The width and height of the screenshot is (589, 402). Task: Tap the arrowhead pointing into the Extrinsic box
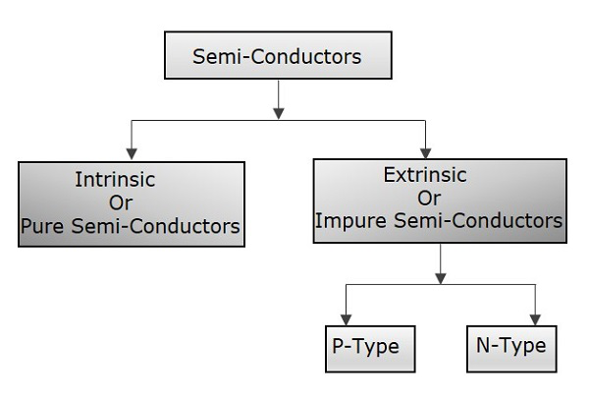point(424,153)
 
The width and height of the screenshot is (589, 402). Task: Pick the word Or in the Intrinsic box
point(123,203)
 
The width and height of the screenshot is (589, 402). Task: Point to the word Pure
point(42,227)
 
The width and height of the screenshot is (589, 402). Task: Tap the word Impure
point(347,222)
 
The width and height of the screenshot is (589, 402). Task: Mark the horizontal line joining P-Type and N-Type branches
point(441,285)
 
